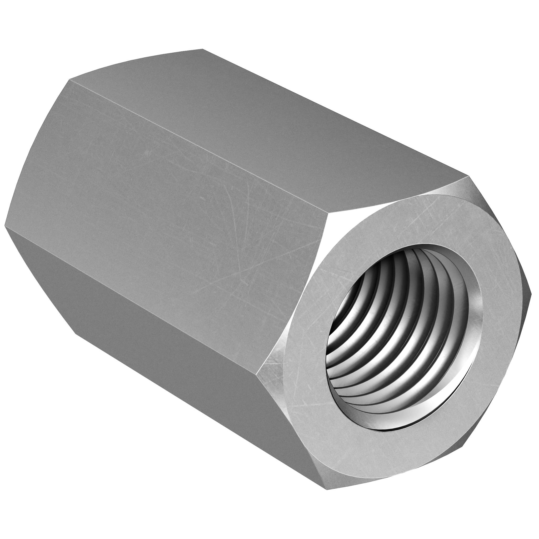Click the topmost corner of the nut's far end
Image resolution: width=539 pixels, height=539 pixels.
pyautogui.click(x=202, y=49)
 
